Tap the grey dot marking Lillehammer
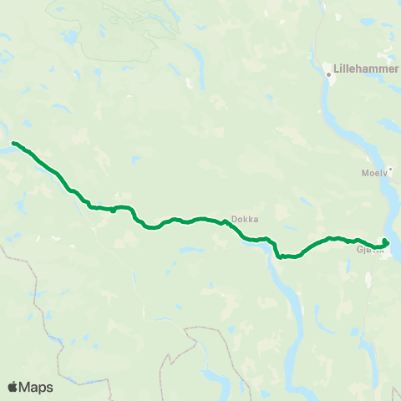[329, 74]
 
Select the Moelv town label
[375, 175]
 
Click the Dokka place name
[245, 219]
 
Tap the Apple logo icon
[13, 387]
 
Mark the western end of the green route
[14, 143]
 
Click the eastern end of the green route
[386, 241]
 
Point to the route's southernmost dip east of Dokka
[279, 256]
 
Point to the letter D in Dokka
[234, 219]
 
